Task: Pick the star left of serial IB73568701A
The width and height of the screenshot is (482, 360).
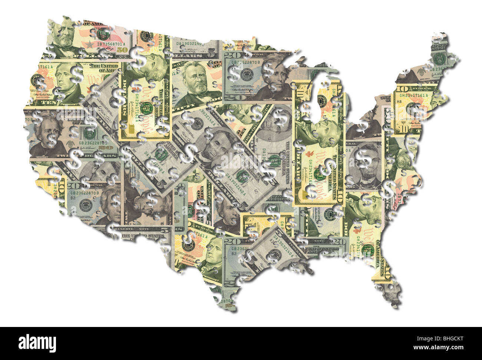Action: [89, 44]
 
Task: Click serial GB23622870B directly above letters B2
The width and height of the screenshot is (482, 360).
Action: [80, 193]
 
